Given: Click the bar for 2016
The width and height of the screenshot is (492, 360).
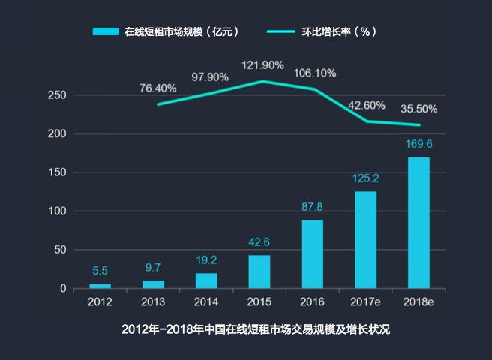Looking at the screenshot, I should [312, 253].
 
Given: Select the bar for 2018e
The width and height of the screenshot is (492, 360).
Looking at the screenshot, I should [418, 222].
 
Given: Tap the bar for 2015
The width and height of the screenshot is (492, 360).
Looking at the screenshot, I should [259, 271].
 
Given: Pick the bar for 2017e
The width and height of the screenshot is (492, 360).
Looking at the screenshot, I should [365, 239].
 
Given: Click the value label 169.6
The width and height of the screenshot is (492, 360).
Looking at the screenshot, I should [418, 144].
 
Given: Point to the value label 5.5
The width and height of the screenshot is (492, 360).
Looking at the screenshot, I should [100, 271].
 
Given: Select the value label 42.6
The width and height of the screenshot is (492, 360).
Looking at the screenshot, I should [259, 241].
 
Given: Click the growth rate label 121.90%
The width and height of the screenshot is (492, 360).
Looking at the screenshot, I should [262, 65].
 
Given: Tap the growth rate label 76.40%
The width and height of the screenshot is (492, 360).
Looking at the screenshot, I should [157, 88].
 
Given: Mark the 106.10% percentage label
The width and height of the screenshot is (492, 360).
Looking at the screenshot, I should [316, 73].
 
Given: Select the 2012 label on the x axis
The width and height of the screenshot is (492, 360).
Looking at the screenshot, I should [100, 301].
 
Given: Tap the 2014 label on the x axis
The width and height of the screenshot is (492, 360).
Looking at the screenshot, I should [205, 301].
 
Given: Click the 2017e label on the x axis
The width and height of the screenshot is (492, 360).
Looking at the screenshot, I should [365, 301].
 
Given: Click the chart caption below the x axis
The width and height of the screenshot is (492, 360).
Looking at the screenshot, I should [246, 329].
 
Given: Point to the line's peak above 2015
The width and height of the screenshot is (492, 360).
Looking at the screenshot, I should [262, 81].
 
